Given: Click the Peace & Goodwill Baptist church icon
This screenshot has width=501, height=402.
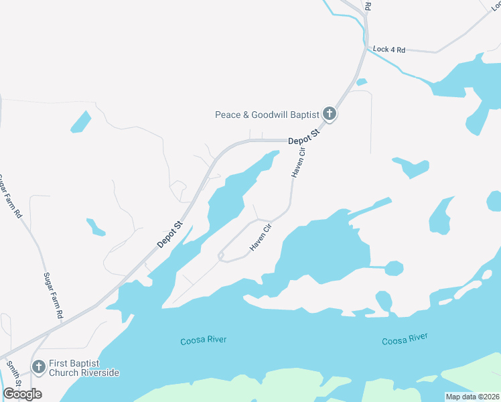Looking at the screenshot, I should (329, 114).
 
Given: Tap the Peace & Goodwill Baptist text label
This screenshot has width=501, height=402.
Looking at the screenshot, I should (267, 115).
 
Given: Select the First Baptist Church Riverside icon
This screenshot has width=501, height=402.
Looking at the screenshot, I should (39, 367).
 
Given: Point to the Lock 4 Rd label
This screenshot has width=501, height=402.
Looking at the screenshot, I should (389, 50).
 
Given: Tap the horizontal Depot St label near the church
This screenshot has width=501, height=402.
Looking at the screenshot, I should (305, 137).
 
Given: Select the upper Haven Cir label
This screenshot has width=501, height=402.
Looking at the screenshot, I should (297, 163).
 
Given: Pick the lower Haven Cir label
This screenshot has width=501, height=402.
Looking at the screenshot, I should (261, 237).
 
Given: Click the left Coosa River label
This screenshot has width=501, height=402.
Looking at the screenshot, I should (204, 340).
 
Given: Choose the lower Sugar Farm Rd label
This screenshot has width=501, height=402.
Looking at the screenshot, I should (53, 294).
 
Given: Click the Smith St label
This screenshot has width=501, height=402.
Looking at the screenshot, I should (13, 373).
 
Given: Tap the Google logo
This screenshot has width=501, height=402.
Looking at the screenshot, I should (22, 394).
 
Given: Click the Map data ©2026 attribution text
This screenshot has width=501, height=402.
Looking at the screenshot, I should (472, 396).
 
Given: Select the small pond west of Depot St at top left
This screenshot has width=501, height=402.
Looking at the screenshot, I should (80, 122).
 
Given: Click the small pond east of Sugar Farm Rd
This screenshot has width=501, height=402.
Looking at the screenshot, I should (96, 227).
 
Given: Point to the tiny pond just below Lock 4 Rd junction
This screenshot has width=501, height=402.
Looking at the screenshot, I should (362, 82).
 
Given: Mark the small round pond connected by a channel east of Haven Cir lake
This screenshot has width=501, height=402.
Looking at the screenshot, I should (394, 268).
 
